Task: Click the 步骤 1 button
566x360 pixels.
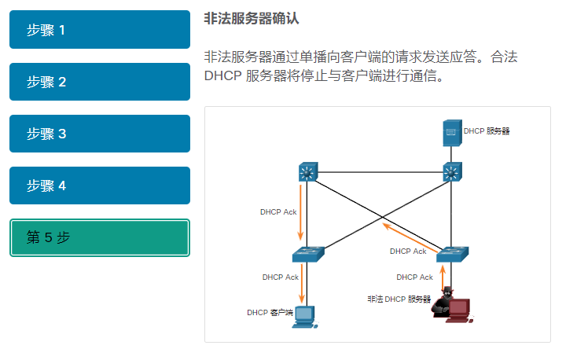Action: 100,30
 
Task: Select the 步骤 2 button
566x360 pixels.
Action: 100,82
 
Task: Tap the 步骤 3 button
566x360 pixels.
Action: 100,134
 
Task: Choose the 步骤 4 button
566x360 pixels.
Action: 100,186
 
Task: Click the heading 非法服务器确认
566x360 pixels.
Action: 251,17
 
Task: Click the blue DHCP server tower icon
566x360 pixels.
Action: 451,133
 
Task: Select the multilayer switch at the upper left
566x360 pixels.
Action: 307,171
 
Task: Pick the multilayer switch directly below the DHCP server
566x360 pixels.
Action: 451,171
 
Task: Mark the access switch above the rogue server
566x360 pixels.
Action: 451,254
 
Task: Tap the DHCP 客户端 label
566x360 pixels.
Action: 270,313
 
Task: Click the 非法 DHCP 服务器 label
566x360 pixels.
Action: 399,299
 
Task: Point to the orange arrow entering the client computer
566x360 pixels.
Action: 302,287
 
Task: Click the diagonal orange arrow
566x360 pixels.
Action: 409,237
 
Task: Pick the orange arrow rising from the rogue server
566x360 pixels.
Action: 443,277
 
